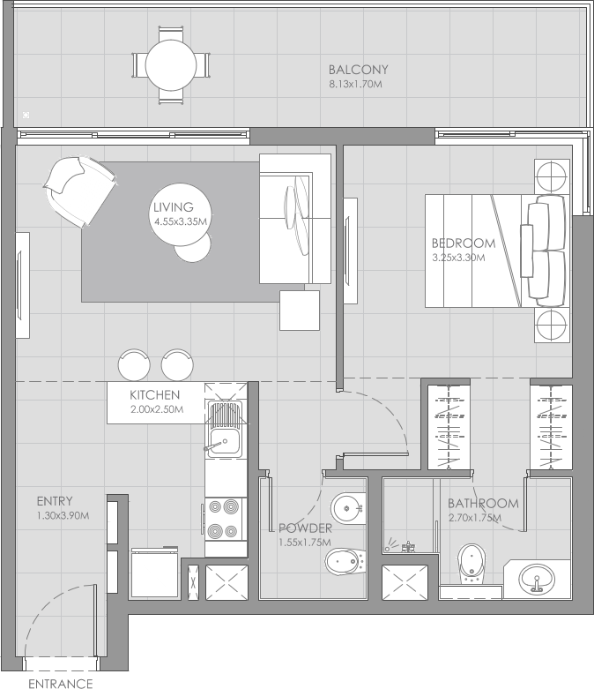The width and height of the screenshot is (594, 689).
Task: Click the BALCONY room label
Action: point(358,70)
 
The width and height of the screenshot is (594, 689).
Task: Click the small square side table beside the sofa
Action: point(299,311)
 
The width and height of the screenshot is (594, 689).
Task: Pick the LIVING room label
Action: point(173,207)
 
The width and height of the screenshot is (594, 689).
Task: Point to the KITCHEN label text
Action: point(155,395)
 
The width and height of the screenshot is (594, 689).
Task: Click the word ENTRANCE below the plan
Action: point(60,683)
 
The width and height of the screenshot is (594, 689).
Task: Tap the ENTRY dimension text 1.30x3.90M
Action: point(63,515)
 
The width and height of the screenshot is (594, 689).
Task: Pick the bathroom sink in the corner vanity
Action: point(538,580)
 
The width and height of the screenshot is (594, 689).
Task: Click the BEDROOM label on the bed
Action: point(463,243)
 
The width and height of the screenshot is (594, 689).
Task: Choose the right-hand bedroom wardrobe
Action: point(551,427)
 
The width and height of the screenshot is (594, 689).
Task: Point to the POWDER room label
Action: point(304,528)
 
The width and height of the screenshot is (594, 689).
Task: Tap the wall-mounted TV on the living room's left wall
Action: point(22,284)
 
